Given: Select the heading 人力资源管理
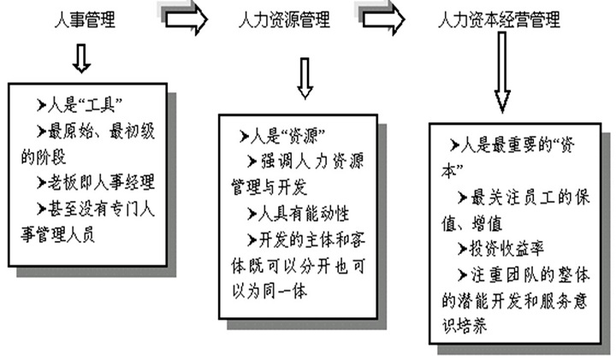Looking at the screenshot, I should [x=283, y=18].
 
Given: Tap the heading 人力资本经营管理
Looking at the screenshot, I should [x=499, y=18].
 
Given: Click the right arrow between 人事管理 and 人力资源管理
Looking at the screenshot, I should [x=183, y=18].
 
